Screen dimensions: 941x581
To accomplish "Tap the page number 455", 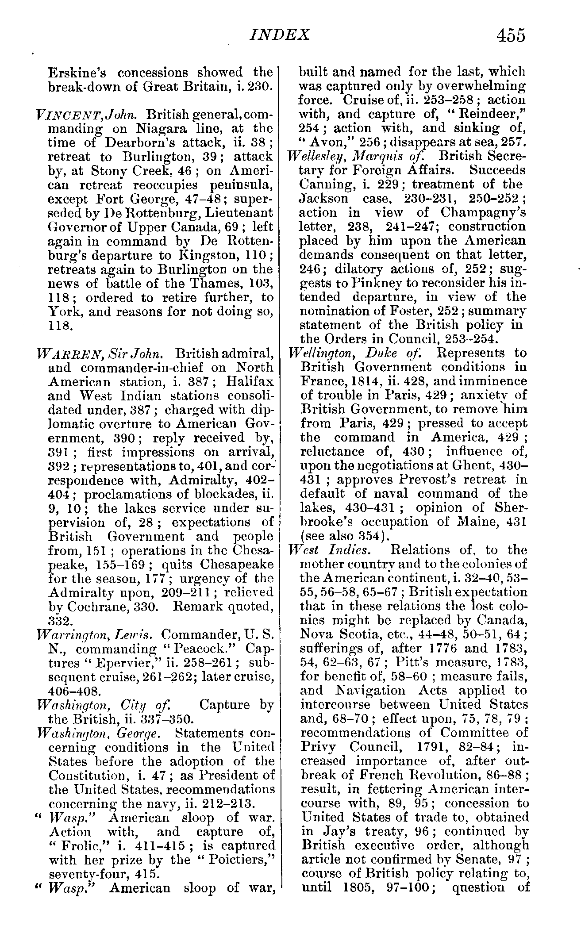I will pos(511,35).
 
